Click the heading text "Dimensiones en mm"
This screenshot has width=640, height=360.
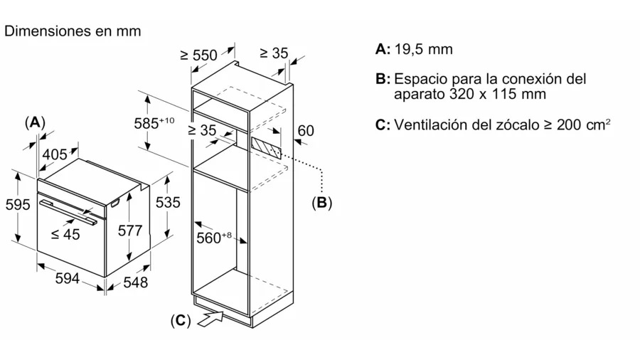click(73, 31)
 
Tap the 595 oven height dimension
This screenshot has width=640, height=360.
click(17, 204)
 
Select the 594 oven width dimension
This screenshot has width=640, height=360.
click(67, 279)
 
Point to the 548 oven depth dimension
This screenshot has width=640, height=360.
click(134, 282)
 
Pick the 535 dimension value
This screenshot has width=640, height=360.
click(168, 202)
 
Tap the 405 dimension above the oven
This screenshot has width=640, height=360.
click(54, 154)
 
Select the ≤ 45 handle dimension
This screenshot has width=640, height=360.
click(65, 234)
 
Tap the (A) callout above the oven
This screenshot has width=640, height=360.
click(34, 122)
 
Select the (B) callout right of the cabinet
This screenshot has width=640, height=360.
click(321, 202)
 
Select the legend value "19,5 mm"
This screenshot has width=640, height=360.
click(424, 49)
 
